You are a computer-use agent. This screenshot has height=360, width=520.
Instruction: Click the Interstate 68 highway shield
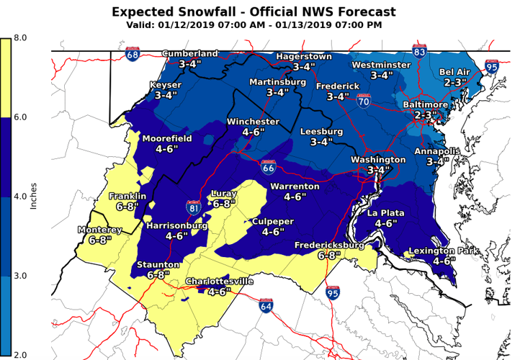click(x=133, y=54)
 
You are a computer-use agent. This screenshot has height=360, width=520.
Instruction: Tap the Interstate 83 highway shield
click(x=419, y=51)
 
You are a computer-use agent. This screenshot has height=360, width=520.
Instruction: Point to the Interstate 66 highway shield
click(x=268, y=167)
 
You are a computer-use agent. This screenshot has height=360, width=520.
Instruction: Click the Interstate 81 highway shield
click(x=193, y=208)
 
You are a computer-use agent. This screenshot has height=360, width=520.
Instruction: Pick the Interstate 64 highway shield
click(x=266, y=305)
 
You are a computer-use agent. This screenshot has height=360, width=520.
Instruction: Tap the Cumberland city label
click(x=190, y=54)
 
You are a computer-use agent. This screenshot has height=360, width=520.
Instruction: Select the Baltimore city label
click(x=425, y=105)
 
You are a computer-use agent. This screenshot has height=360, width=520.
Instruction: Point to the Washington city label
click(x=378, y=159)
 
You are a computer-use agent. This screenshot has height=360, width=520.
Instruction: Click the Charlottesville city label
click(x=220, y=282)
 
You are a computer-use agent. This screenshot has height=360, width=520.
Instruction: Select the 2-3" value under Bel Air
click(x=456, y=83)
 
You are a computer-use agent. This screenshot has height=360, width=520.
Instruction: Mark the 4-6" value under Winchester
click(x=253, y=132)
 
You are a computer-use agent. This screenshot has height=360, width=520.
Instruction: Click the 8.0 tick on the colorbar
click(x=19, y=37)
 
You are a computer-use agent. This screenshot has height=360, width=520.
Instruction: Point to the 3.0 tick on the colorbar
click(x=19, y=276)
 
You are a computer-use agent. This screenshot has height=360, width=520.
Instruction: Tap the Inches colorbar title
click(x=33, y=195)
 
